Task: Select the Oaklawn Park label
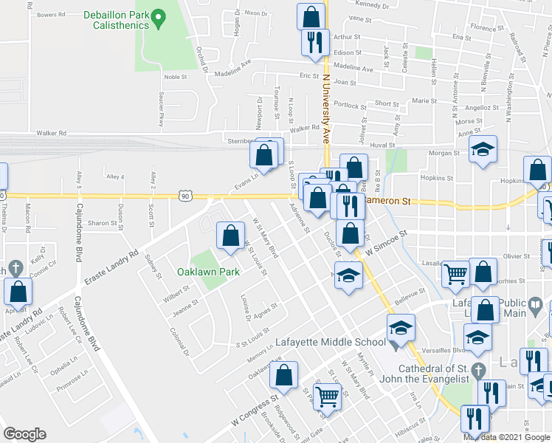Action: [x=209, y=272]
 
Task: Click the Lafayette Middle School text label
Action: [x=331, y=342]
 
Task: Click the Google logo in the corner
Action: [x=24, y=433]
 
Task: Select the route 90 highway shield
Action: [x=184, y=195]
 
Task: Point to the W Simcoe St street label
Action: [x=384, y=244]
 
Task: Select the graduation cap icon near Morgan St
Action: [x=483, y=151]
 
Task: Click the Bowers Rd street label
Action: [x=51, y=14]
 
